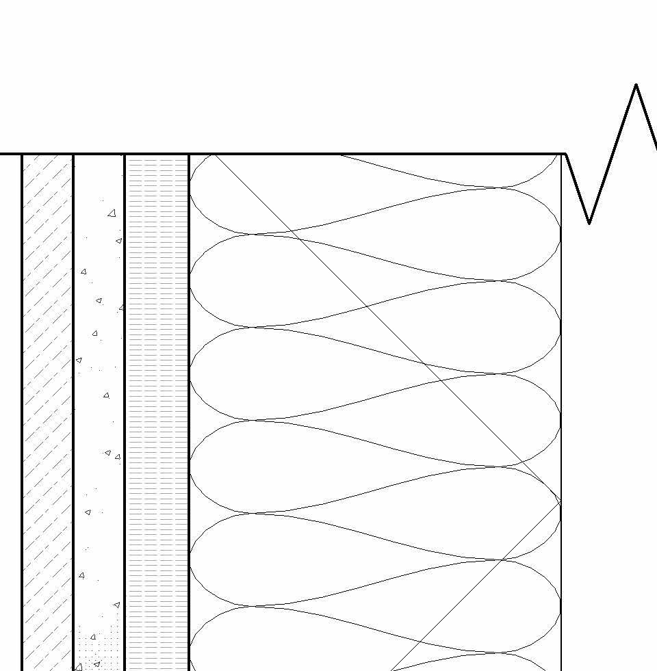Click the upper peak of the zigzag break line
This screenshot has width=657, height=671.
[x=636, y=85]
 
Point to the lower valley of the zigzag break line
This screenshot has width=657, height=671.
[x=589, y=222]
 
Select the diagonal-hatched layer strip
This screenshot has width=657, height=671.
[x=47, y=410]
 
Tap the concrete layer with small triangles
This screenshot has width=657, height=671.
[x=99, y=410]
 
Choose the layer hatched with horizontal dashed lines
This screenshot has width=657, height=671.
[x=157, y=410]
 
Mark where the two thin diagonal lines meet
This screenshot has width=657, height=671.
[x=561, y=503]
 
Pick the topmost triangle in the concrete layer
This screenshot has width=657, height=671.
[x=112, y=213]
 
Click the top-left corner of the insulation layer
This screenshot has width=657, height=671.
[x=190, y=155]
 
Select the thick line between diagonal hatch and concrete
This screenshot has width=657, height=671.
[x=73, y=410]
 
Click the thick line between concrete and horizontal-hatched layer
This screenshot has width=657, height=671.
[x=125, y=410]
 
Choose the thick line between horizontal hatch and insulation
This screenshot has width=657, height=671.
[x=189, y=410]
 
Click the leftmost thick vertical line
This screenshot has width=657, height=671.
[x=22, y=410]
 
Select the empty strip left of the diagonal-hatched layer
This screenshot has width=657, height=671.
[x=10, y=410]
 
